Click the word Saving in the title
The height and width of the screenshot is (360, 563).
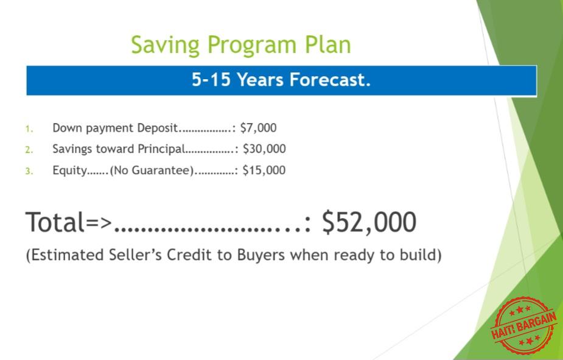tap(165, 45)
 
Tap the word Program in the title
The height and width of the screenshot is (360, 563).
tap(252, 45)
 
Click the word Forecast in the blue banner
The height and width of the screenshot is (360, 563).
tap(330, 79)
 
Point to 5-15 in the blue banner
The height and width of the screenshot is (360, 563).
tap(211, 79)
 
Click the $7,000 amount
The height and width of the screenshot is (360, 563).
tap(258, 128)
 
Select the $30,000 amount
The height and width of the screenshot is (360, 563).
tap(264, 149)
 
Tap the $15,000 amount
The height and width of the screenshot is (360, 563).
tap(264, 170)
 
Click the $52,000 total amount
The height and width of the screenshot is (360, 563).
tap(369, 222)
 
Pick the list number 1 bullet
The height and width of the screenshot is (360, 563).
tap(29, 129)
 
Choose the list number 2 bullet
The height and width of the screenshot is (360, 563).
tap(29, 150)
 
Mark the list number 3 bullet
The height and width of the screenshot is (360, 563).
tap(29, 171)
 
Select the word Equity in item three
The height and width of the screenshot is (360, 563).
tap(69, 171)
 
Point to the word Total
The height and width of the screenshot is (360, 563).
tap(55, 222)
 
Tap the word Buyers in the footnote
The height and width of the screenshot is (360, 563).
tap(261, 255)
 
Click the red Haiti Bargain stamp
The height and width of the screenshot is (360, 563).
tap(523, 325)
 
